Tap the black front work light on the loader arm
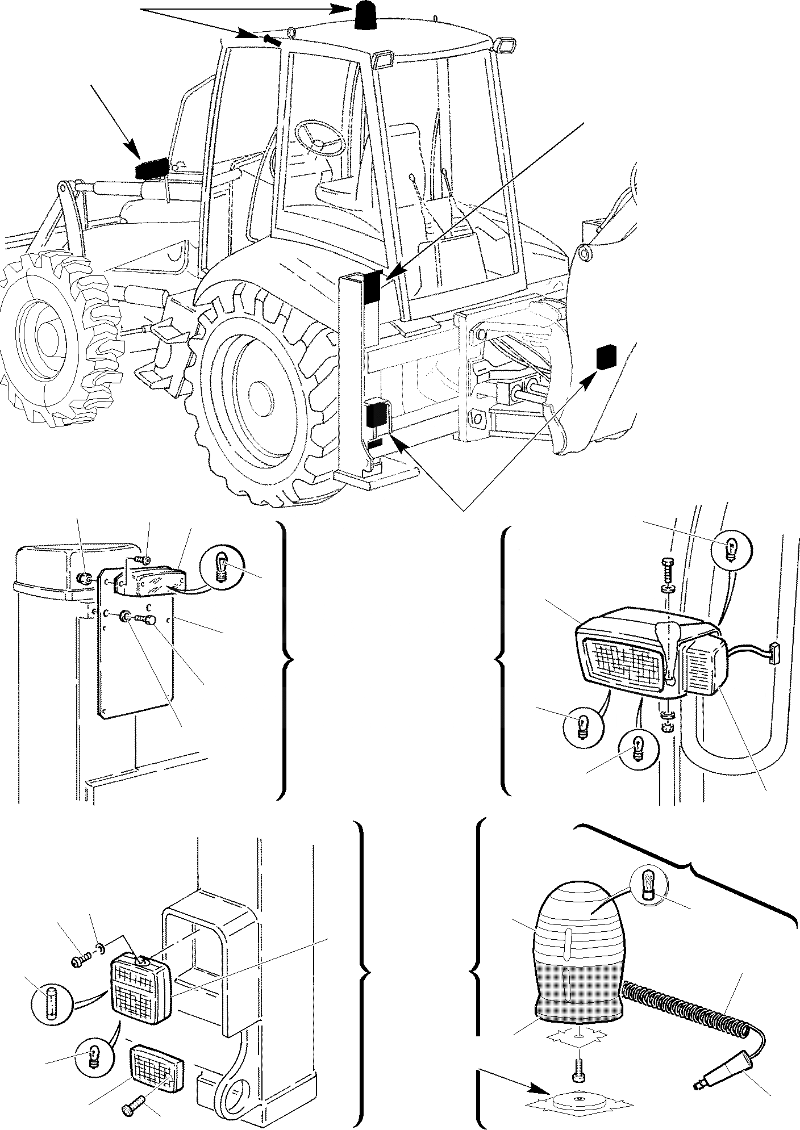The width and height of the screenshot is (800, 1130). tap(151, 168)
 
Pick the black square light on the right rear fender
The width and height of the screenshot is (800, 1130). tap(606, 357)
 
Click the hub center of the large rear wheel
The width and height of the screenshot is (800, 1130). tap(260, 394)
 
